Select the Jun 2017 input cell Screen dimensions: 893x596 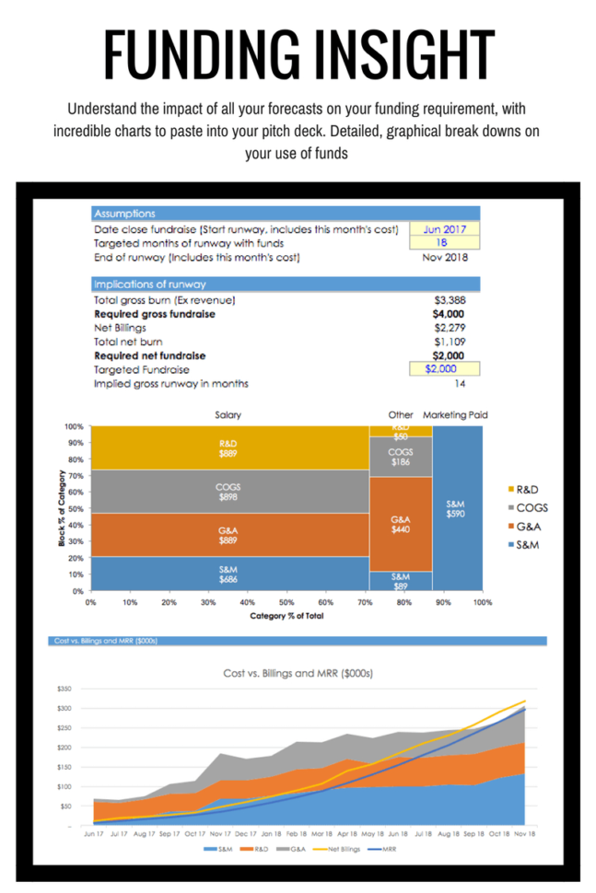pos(444,229)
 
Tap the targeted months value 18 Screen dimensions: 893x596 pos(444,243)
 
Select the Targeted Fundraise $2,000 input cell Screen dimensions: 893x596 pos(444,369)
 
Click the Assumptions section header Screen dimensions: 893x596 pos(124,213)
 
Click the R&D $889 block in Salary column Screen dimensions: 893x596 pos(228,448)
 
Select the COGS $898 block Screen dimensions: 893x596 pos(228,492)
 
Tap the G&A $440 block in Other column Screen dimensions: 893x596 pos(400,525)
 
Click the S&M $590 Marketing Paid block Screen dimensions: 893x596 pos(455,509)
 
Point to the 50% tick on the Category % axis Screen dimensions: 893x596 pos(286,603)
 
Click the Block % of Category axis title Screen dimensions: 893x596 pos(59,509)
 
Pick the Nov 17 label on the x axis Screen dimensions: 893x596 pos(221,833)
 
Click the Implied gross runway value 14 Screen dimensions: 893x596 pos(461,383)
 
